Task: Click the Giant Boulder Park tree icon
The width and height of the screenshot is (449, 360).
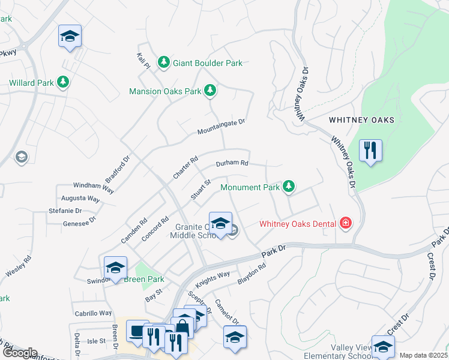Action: coord(163,62)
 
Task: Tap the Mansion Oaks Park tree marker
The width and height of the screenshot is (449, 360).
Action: coord(209,91)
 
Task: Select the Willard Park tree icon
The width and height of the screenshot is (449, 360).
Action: coord(62,82)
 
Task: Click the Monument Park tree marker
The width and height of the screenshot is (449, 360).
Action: coord(289,187)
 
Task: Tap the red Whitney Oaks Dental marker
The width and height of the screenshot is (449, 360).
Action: coord(345,224)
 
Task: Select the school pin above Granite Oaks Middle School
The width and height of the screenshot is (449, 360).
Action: coord(220,223)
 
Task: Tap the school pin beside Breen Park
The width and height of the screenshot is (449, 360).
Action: coord(115,267)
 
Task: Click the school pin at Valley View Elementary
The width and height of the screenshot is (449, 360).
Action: coord(382,346)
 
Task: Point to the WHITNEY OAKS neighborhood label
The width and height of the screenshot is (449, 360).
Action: coord(361,120)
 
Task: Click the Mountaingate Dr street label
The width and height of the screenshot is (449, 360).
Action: coord(222,126)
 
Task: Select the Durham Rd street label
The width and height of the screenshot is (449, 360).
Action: coord(232,163)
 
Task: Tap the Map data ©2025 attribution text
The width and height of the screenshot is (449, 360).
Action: coord(423,355)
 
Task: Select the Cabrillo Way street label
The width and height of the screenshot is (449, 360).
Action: coord(93,313)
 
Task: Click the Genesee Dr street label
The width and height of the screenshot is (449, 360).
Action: coord(79,222)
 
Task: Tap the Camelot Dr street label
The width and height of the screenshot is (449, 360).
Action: coord(227,312)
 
